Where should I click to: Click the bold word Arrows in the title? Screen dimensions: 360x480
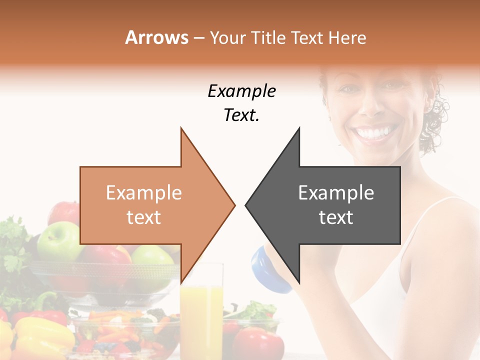[156, 37]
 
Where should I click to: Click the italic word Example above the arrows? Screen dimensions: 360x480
[241, 91]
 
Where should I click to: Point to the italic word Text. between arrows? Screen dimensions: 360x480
[241, 115]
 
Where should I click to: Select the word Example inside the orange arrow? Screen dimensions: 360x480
[143, 193]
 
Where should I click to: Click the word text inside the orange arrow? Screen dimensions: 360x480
[143, 217]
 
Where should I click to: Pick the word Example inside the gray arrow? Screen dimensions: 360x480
[336, 193]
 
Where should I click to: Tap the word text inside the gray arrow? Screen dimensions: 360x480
[336, 217]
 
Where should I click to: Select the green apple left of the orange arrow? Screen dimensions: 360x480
[58, 240]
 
